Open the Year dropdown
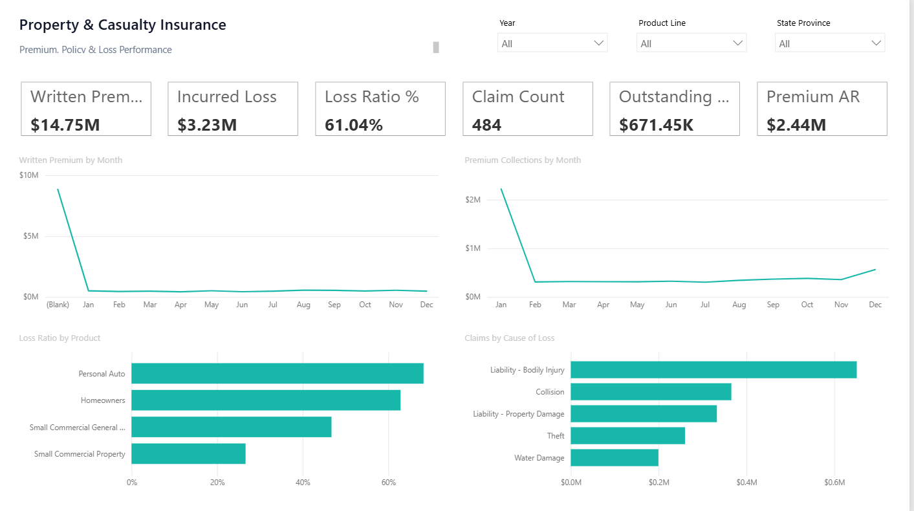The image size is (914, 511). (x=552, y=43)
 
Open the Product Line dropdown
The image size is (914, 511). (x=691, y=43)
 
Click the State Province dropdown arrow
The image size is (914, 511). (x=876, y=43)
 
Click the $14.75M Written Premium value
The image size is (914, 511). (x=65, y=125)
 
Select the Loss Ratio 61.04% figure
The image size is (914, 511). (x=354, y=125)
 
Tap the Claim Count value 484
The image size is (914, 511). (x=486, y=125)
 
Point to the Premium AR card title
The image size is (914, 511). (x=813, y=97)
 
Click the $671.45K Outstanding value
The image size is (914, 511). (x=656, y=125)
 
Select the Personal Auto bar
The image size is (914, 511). (x=277, y=373)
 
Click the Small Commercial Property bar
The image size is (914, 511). (x=188, y=454)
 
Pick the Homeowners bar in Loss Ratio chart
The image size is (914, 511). (x=266, y=400)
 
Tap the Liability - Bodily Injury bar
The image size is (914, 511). (x=713, y=370)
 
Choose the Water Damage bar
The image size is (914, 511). (x=615, y=458)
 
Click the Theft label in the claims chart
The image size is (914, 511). (x=556, y=436)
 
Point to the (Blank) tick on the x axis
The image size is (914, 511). (x=58, y=305)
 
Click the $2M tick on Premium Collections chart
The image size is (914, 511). (x=473, y=200)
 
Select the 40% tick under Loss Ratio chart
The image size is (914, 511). (x=303, y=483)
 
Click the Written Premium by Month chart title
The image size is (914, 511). (x=71, y=160)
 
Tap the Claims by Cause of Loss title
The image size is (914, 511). (x=509, y=338)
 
